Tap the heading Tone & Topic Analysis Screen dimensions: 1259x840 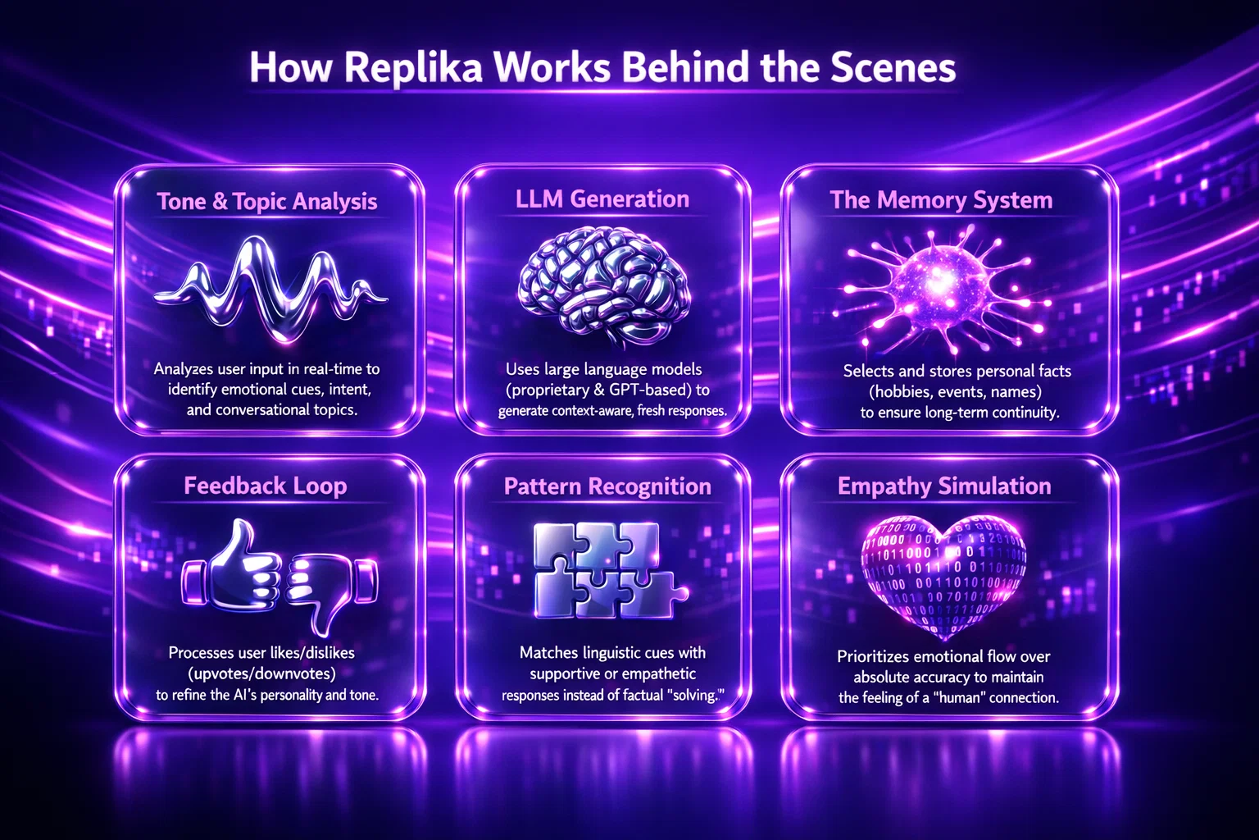(x=267, y=202)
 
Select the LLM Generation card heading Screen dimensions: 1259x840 (x=602, y=199)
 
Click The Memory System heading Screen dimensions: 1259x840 (x=941, y=199)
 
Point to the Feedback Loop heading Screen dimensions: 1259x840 (x=266, y=486)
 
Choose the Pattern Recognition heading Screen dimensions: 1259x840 (x=607, y=486)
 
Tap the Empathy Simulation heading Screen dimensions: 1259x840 (x=944, y=486)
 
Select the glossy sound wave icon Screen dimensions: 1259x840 (x=271, y=289)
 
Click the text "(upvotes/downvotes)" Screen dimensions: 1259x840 (x=262, y=673)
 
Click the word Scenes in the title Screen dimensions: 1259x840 (x=893, y=68)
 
